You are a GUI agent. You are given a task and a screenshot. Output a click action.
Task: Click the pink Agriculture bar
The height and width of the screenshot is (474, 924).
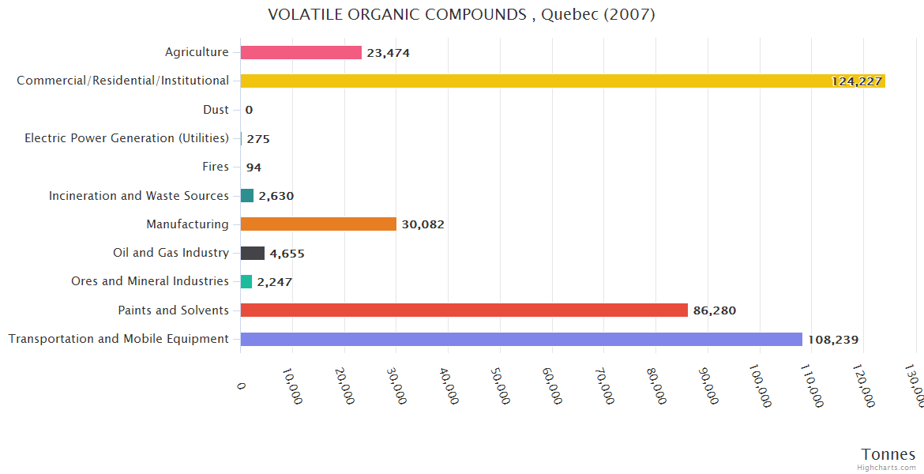[301, 52]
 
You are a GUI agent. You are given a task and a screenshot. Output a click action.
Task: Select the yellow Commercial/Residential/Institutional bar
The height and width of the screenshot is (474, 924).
[562, 81]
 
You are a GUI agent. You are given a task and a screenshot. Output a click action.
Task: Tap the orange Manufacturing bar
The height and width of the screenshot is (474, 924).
[318, 224]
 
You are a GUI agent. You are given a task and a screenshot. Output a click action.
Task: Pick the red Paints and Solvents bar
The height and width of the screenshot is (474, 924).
[464, 310]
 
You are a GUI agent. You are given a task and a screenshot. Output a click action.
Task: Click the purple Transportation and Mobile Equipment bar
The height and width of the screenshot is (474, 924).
[521, 339]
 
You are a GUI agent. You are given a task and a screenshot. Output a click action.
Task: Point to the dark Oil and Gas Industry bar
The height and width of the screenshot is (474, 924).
[253, 253]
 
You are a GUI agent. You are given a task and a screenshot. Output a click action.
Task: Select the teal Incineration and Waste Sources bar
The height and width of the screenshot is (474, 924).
[247, 195]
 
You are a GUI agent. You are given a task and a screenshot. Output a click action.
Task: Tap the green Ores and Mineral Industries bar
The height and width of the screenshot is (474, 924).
[246, 281]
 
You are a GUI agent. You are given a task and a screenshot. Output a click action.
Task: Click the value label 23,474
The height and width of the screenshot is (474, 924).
[388, 53]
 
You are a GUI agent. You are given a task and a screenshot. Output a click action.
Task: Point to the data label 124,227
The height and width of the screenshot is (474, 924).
[856, 81]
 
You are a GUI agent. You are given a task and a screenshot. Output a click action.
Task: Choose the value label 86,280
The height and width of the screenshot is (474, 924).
[714, 310]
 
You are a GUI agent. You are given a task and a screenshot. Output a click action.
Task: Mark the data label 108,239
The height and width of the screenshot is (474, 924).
[832, 340]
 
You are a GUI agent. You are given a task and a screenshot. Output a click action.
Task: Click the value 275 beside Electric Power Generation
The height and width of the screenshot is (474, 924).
[258, 139]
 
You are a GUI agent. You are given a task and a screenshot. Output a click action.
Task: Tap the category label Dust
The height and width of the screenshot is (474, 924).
[216, 110]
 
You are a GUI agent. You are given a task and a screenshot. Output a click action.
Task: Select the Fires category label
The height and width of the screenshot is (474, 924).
[216, 167]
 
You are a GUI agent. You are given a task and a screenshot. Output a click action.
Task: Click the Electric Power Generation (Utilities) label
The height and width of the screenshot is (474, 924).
[126, 138]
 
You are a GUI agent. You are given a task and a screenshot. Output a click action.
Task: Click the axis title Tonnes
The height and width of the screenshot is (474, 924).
[888, 454]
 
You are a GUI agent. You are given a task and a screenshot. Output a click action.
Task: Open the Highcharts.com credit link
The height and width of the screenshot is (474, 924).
[888, 468]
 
